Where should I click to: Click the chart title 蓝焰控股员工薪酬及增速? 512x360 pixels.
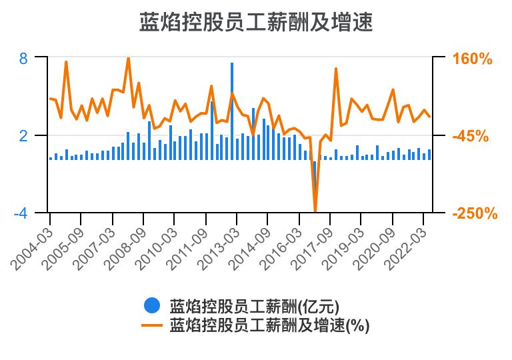255,22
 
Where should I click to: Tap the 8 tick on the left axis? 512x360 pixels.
23,58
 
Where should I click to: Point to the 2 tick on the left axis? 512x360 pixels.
23,136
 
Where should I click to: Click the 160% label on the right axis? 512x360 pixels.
472,59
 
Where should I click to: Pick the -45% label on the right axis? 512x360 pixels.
471,137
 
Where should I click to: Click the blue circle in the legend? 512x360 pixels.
152,306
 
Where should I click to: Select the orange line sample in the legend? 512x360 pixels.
152,325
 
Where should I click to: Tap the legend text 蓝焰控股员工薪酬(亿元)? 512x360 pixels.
254,307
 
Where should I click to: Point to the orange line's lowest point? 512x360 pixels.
315,211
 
